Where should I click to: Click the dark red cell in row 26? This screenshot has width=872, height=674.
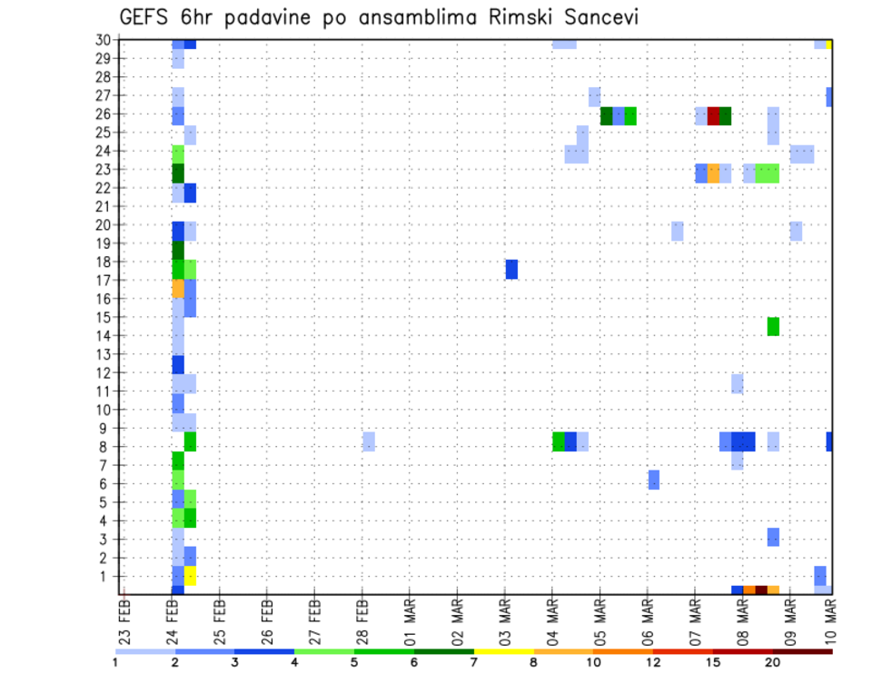713,115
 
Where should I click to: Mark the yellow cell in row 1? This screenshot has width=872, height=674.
191,576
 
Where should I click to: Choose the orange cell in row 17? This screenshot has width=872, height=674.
178,288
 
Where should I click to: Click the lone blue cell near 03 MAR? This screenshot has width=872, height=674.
511,269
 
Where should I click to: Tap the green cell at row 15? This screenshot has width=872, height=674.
773,326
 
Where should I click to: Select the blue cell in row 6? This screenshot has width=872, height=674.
654,479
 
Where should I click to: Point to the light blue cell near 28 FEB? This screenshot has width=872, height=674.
369,441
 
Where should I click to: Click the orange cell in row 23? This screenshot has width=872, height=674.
713,173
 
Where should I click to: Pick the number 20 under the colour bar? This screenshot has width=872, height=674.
772,662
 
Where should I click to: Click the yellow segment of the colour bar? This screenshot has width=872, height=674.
504,651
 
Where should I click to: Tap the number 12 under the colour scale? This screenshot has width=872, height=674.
653,662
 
